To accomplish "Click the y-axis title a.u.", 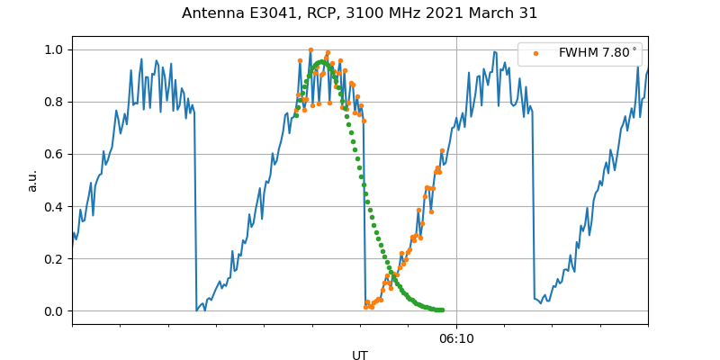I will (x=33, y=180).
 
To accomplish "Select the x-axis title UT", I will (x=360, y=355).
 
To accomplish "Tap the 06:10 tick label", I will (x=456, y=338).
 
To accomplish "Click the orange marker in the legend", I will (x=535, y=53).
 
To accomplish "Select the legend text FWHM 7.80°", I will (x=597, y=53).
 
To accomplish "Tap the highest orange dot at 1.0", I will (x=310, y=50).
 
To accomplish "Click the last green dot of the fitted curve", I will (x=442, y=310).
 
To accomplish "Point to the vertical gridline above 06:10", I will (x=456, y=180).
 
